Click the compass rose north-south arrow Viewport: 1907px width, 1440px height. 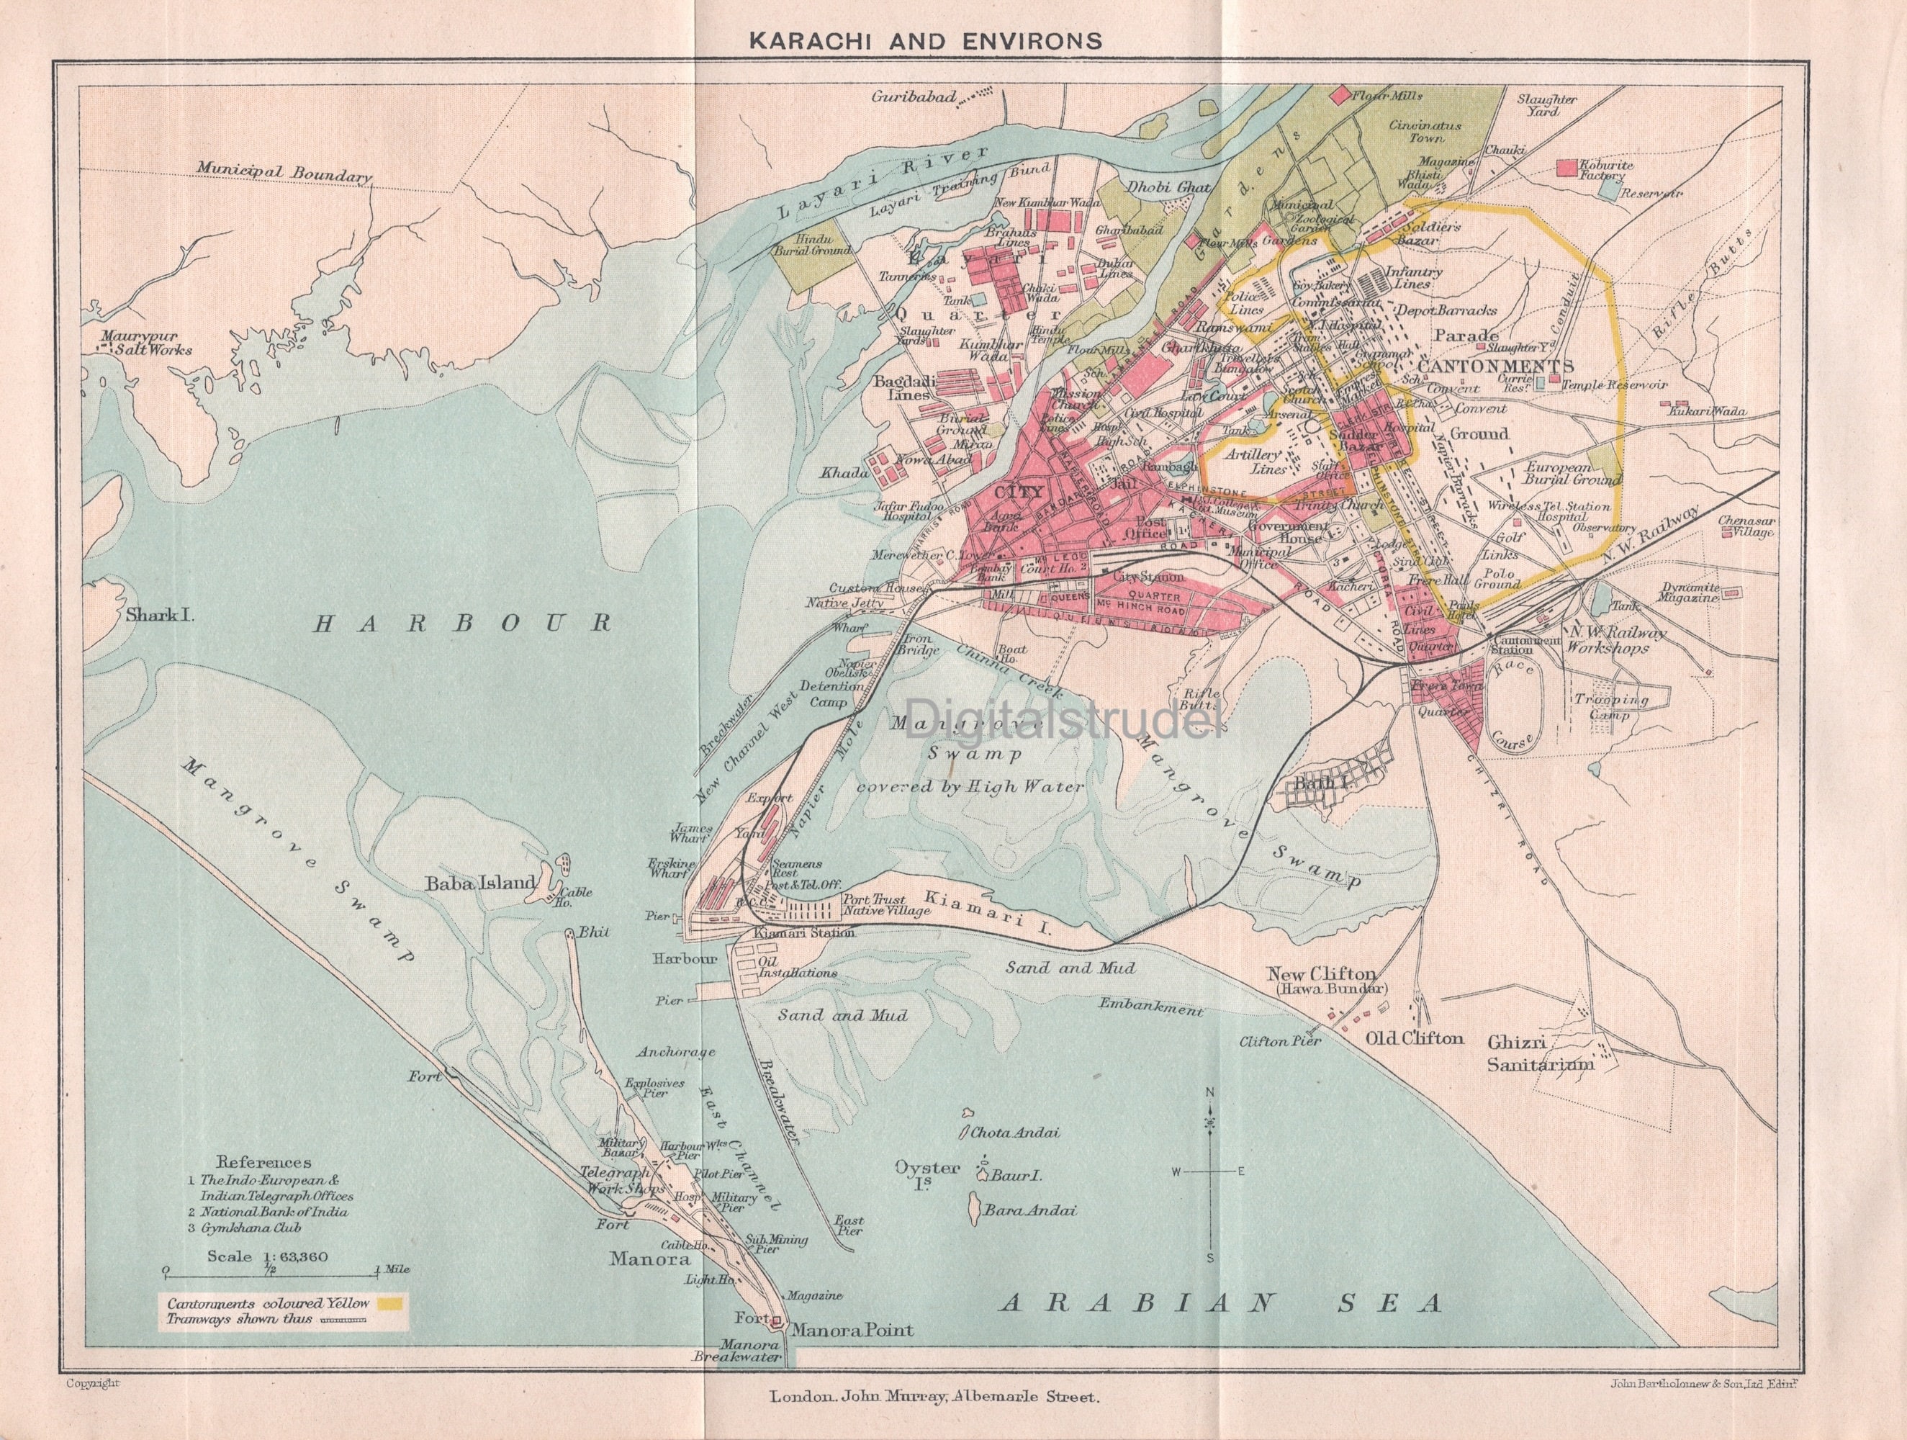1209,1171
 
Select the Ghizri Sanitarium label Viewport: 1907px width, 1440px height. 1540,1053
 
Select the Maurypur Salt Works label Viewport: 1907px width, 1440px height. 145,343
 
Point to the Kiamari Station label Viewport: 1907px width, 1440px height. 803,933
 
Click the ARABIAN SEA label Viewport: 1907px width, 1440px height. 1221,1326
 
